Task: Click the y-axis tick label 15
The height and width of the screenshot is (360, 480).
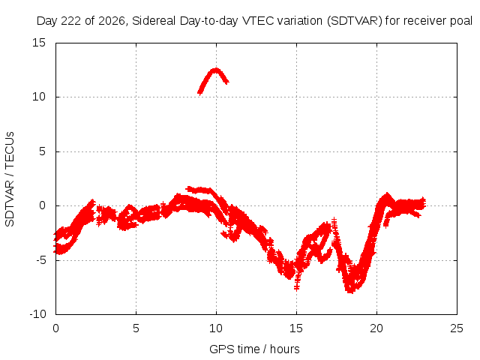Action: click(x=39, y=43)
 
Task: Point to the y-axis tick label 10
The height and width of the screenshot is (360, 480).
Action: click(x=39, y=97)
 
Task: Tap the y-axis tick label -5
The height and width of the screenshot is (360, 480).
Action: click(x=40, y=260)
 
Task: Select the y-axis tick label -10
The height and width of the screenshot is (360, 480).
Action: click(x=37, y=314)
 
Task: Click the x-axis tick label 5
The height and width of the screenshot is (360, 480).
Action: click(x=136, y=328)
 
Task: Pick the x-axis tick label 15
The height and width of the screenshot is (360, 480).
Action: click(x=296, y=328)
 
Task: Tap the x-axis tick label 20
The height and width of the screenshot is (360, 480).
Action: click(x=376, y=328)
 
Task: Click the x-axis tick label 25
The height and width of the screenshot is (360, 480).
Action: click(x=457, y=328)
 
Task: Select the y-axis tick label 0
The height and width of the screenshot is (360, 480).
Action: click(x=42, y=205)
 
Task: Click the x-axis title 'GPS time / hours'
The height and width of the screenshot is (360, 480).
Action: click(x=254, y=349)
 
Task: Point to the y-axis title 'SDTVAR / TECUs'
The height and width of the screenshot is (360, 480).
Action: click(x=10, y=179)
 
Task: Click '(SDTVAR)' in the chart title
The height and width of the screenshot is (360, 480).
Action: click(x=355, y=21)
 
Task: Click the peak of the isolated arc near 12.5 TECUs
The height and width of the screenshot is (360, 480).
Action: click(x=216, y=70)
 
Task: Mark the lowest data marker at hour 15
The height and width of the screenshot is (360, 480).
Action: click(x=296, y=287)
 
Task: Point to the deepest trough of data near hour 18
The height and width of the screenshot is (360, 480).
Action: click(x=350, y=291)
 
